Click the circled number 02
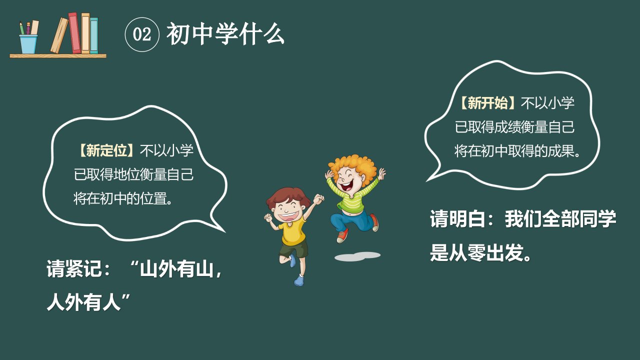[x=142, y=34]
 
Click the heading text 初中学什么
[x=225, y=34]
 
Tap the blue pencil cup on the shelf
[x=28, y=44]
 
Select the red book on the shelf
[x=74, y=33]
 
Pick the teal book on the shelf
[x=94, y=35]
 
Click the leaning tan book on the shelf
[x=59, y=35]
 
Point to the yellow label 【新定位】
[x=106, y=150]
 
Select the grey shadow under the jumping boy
[x=357, y=256]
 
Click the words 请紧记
[x=74, y=268]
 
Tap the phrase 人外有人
[x=83, y=302]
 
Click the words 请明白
[x=457, y=219]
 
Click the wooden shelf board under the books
[x=58, y=55]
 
